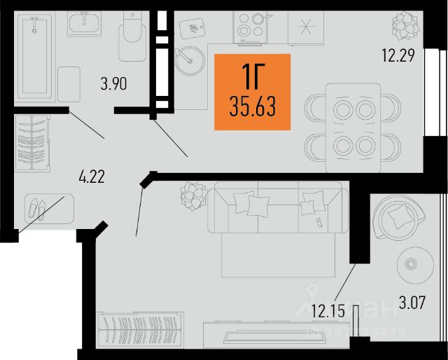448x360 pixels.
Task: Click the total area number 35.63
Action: pos(251,108)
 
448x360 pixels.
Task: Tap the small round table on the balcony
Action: pos(411,265)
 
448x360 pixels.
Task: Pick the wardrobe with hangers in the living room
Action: pos(139,331)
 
